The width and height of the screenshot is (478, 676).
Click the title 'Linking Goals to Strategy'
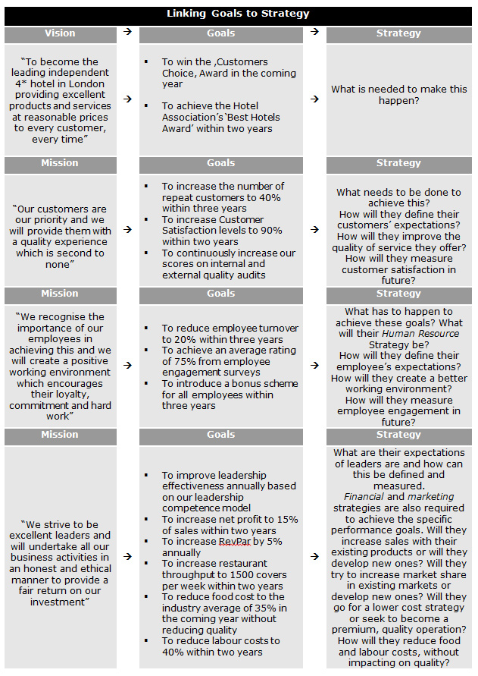click(238, 14)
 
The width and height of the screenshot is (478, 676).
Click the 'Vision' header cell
click(60, 33)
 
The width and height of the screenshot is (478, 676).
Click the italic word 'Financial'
click(364, 497)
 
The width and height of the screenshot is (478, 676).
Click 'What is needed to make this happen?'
click(399, 95)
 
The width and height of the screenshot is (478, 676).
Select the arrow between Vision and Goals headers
click(127, 33)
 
